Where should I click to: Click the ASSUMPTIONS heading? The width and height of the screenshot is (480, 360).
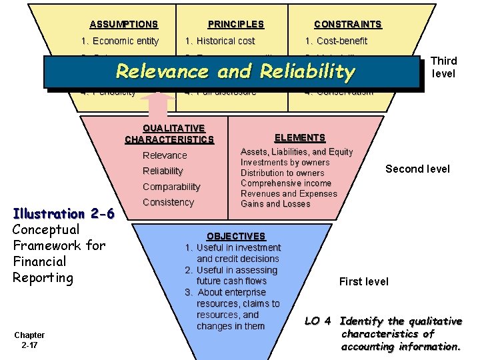click(123, 24)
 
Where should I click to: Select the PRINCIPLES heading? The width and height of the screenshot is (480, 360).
click(235, 24)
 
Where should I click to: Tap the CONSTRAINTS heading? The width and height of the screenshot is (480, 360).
click(347, 24)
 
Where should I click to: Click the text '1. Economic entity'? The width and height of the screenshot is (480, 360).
click(119, 41)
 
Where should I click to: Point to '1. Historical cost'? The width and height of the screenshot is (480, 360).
click(219, 41)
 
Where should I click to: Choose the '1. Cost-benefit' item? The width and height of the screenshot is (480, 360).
click(336, 41)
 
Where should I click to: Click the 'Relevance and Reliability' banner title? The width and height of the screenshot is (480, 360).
click(235, 71)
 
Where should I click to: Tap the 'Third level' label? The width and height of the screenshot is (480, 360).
click(444, 67)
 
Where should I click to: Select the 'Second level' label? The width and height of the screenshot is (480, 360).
click(417, 169)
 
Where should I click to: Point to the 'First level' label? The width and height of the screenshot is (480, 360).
click(363, 281)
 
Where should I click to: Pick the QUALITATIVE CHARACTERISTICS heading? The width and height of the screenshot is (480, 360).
click(169, 134)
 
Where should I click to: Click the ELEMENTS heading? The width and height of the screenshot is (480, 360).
click(300, 137)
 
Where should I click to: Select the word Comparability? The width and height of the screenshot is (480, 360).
click(171, 187)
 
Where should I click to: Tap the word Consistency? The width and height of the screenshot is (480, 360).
click(168, 202)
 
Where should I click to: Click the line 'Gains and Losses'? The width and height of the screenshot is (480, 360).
click(275, 203)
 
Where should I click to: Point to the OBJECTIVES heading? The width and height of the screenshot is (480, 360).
click(236, 236)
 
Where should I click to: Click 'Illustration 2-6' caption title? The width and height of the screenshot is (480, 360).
click(65, 213)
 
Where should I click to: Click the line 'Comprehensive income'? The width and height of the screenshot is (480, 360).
click(286, 183)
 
